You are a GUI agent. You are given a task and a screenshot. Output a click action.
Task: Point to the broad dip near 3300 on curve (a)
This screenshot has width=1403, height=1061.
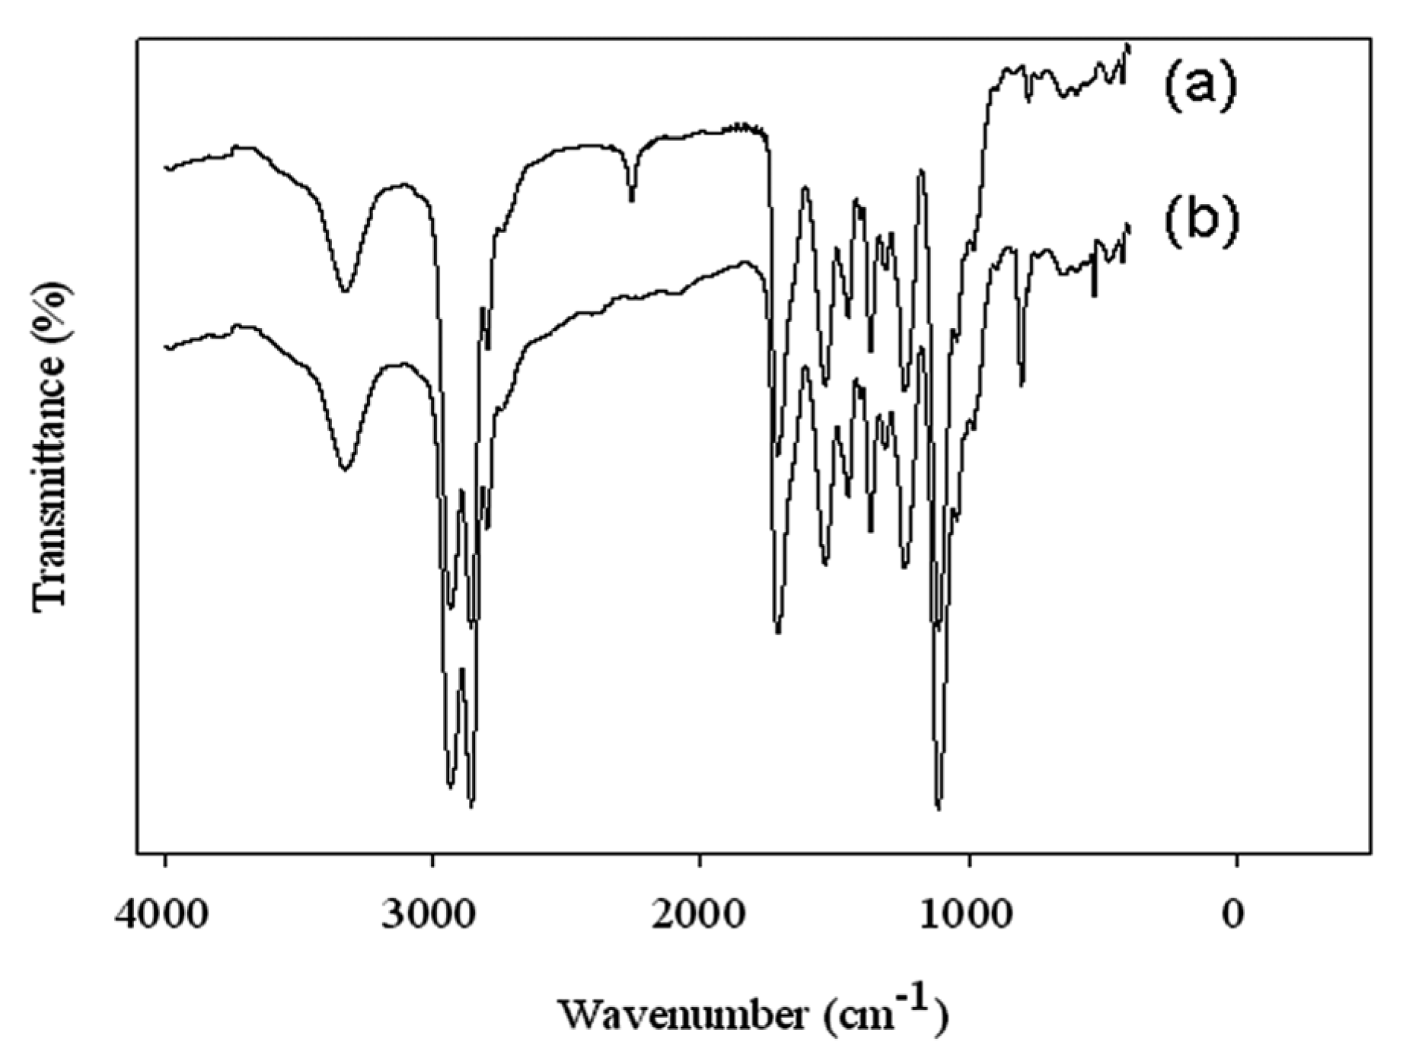pyautogui.click(x=346, y=290)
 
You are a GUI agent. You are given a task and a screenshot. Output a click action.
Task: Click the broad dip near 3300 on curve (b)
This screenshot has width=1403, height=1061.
pyautogui.click(x=345, y=469)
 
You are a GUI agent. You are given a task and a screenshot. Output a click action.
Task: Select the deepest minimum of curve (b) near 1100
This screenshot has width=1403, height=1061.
pyautogui.click(x=939, y=808)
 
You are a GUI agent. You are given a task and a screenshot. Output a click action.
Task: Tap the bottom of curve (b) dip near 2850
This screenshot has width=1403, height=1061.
pyautogui.click(x=471, y=805)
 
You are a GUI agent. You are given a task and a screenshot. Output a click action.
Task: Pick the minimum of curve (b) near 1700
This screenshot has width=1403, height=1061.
pyautogui.click(x=778, y=632)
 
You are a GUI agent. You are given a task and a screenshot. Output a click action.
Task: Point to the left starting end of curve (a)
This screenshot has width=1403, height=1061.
pyautogui.click(x=166, y=167)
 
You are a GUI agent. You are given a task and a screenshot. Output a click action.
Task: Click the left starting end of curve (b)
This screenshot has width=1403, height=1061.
pyautogui.click(x=166, y=347)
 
